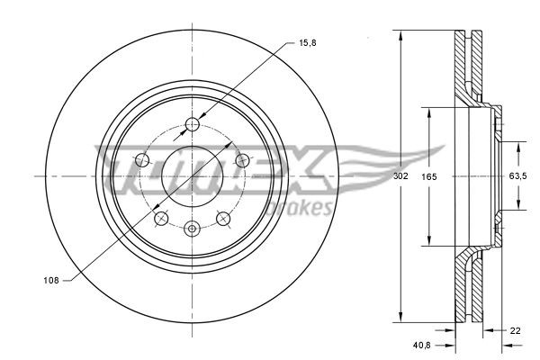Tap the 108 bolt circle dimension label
pyautogui.click(x=50, y=281)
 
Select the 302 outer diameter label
pyautogui.click(x=401, y=177)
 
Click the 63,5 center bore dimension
pyautogui.click(x=517, y=177)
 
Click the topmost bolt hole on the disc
pyautogui.click(x=191, y=124)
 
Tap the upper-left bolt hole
pyautogui.click(x=141, y=160)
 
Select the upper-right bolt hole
pyautogui.click(x=240, y=160)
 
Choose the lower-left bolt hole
pyautogui.click(x=160, y=219)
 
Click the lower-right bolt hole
pyautogui.click(x=221, y=219)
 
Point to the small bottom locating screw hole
pyautogui.click(x=191, y=229)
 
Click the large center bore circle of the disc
pyautogui.click(x=191, y=176)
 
